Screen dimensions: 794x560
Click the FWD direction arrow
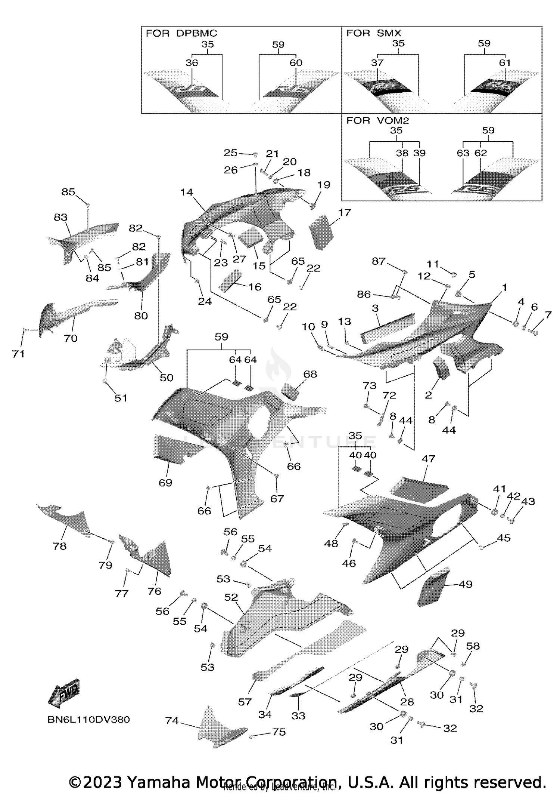point(64,693)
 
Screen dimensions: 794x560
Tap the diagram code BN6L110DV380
point(88,720)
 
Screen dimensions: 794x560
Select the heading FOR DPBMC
point(181,33)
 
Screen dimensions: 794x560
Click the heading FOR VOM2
point(377,120)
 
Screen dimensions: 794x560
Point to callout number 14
point(186,192)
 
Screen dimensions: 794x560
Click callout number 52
point(231,597)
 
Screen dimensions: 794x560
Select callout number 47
point(428,458)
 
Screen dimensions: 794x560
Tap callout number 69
point(165,483)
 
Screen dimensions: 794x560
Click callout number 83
point(60,217)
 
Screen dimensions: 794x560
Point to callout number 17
point(345,212)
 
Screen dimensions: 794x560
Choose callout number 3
point(375,308)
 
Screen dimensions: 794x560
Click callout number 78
point(60,546)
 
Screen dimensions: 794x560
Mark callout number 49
point(465,584)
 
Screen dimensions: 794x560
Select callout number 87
point(378,261)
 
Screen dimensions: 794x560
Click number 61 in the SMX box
point(505,62)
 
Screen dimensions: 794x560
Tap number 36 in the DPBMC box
point(192,62)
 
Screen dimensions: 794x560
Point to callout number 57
point(245,702)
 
